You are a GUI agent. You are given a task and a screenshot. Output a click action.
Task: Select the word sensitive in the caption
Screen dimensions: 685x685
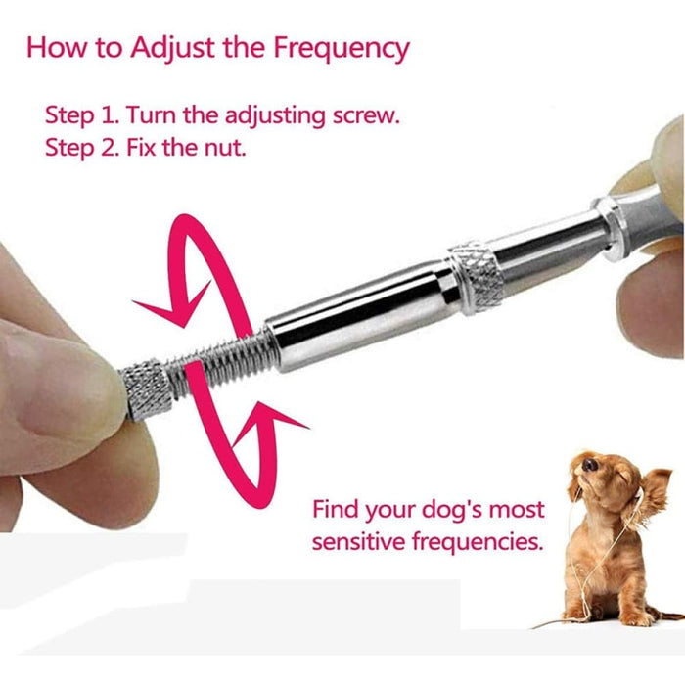pos(355,541)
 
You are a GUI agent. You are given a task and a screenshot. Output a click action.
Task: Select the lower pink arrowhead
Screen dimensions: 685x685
pos(279,423)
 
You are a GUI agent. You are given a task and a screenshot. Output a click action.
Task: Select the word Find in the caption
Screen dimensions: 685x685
pos(338,511)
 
